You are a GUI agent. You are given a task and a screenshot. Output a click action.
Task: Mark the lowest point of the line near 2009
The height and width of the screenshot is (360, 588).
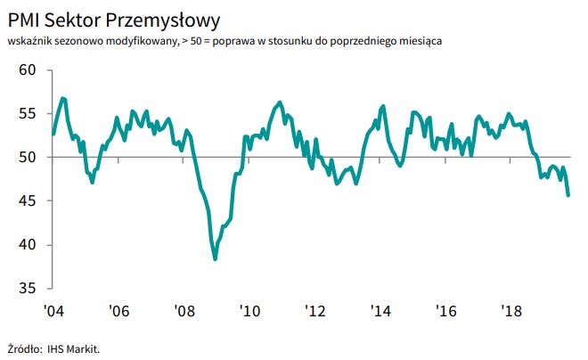point(216,258)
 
